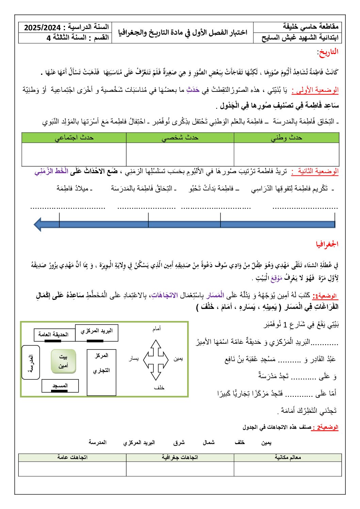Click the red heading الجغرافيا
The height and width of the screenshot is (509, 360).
327,244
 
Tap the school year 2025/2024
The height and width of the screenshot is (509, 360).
42,28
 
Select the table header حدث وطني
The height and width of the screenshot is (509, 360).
287,138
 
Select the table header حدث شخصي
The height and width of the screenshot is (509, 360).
180,138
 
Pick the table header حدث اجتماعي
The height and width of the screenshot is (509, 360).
74,138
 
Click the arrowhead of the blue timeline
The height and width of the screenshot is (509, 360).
38,224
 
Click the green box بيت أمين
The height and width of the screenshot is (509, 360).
63,361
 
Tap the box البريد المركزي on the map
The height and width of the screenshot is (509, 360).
97,331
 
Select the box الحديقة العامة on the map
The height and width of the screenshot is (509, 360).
53,335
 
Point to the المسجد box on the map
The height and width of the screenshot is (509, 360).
60,386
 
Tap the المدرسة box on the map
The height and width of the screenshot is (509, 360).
31,362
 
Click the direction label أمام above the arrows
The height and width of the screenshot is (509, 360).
157,329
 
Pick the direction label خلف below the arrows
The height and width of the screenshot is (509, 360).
159,388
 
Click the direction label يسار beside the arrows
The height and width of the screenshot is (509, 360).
134,359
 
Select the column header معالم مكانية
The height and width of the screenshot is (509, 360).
288,457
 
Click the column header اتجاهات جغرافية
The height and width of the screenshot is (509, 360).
180,457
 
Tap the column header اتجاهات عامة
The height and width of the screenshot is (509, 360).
72,457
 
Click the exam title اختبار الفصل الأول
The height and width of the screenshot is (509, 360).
183,33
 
